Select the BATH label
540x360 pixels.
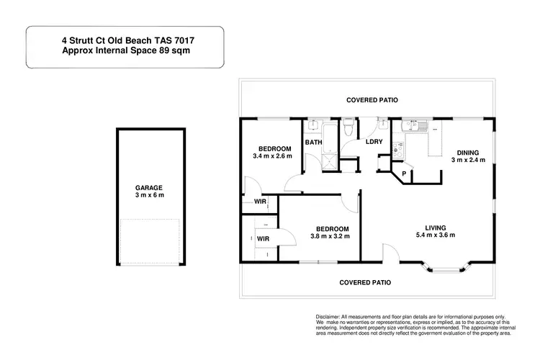click(x=313, y=143)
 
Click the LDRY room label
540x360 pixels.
click(x=374, y=142)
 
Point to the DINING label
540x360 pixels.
click(x=467, y=152)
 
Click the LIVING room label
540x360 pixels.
click(x=436, y=227)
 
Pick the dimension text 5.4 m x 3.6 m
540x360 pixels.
click(x=436, y=235)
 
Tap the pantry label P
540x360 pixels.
click(x=404, y=174)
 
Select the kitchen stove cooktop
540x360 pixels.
click(x=398, y=149)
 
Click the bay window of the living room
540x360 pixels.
click(x=444, y=269)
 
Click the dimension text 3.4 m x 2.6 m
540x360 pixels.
click(x=272, y=156)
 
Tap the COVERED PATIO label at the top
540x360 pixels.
click(x=371, y=100)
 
